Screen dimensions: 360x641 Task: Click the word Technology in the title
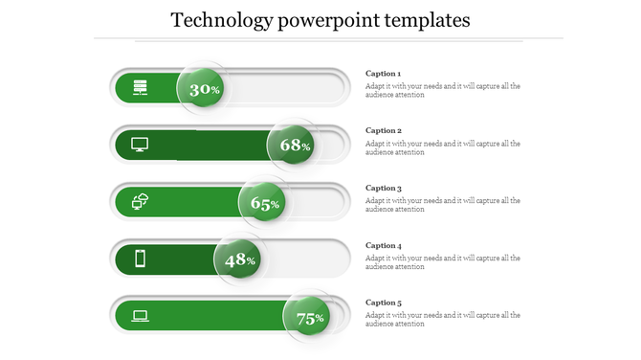point(219,19)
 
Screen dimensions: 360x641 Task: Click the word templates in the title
point(425,19)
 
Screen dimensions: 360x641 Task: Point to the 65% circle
point(263,203)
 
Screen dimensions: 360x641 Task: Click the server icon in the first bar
point(141,88)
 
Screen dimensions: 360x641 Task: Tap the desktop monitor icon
point(140,145)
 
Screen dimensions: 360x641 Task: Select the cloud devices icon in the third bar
point(140,201)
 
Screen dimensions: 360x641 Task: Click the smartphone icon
point(140,259)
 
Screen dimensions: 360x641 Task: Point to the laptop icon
point(140,315)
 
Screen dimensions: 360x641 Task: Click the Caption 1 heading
point(384,74)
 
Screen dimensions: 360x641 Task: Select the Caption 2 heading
point(384,130)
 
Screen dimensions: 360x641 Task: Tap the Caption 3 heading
point(384,189)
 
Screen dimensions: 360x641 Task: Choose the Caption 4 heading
point(384,245)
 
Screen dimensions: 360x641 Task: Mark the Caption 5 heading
point(384,303)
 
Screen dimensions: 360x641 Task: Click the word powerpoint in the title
point(323,19)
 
